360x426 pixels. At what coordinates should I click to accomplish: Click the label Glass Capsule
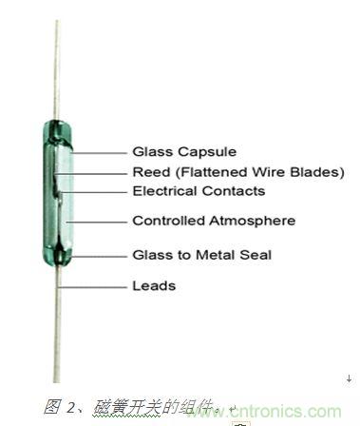coord(184,152)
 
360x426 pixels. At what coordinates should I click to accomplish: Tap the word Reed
coord(151,172)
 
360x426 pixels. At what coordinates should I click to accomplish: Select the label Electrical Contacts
coord(199,191)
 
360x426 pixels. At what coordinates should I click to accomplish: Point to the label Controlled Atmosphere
coord(214,221)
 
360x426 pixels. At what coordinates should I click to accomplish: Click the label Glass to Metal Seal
coord(202,255)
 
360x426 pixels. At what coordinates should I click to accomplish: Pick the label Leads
coord(154,286)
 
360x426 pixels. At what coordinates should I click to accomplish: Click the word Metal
coord(215,255)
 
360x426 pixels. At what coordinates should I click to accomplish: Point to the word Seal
coord(256,255)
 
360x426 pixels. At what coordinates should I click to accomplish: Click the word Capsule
coord(207,152)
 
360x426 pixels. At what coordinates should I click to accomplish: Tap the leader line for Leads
coord(92,287)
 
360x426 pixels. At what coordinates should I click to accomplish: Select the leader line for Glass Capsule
coord(99,153)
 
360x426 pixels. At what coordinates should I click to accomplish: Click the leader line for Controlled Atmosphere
coord(96,222)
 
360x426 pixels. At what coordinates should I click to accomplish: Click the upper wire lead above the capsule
coord(57,69)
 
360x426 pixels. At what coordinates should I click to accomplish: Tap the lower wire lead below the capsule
coord(57,323)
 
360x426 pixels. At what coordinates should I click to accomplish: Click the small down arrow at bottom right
coord(350,378)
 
